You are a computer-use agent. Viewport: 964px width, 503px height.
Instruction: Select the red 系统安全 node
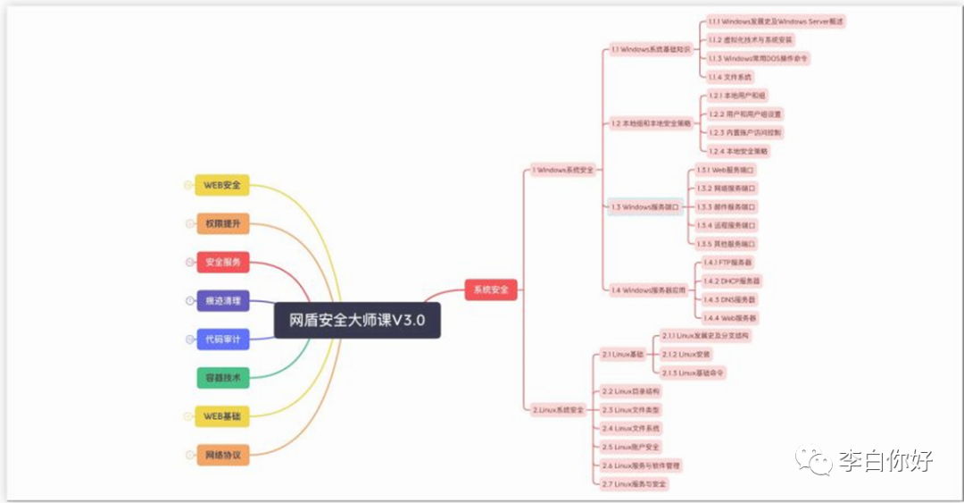tap(491, 289)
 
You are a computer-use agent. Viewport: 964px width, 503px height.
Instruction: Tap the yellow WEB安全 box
tap(222, 185)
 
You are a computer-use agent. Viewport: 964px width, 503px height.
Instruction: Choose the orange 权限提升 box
tap(222, 223)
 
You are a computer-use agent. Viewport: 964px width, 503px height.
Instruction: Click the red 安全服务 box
tap(222, 263)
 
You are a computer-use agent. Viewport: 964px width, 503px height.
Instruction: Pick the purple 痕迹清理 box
tap(222, 301)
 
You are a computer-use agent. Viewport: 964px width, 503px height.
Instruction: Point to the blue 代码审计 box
tap(222, 340)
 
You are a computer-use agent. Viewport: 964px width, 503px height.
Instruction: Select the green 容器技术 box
tap(222, 378)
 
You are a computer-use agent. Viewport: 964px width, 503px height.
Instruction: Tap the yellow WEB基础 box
tap(222, 416)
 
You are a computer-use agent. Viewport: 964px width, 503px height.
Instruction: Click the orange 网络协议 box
tap(222, 455)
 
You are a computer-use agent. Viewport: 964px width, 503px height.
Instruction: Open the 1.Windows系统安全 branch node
tap(562, 169)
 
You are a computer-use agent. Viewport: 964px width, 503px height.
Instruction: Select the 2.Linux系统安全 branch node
tap(558, 409)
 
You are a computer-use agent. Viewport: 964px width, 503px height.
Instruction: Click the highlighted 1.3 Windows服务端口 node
tap(645, 206)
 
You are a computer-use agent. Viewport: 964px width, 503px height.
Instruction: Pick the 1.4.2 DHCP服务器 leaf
tap(732, 281)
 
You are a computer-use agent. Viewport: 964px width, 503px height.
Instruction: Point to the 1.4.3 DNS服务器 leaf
tap(729, 299)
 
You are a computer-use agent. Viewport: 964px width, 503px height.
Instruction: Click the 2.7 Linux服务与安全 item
tap(635, 483)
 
